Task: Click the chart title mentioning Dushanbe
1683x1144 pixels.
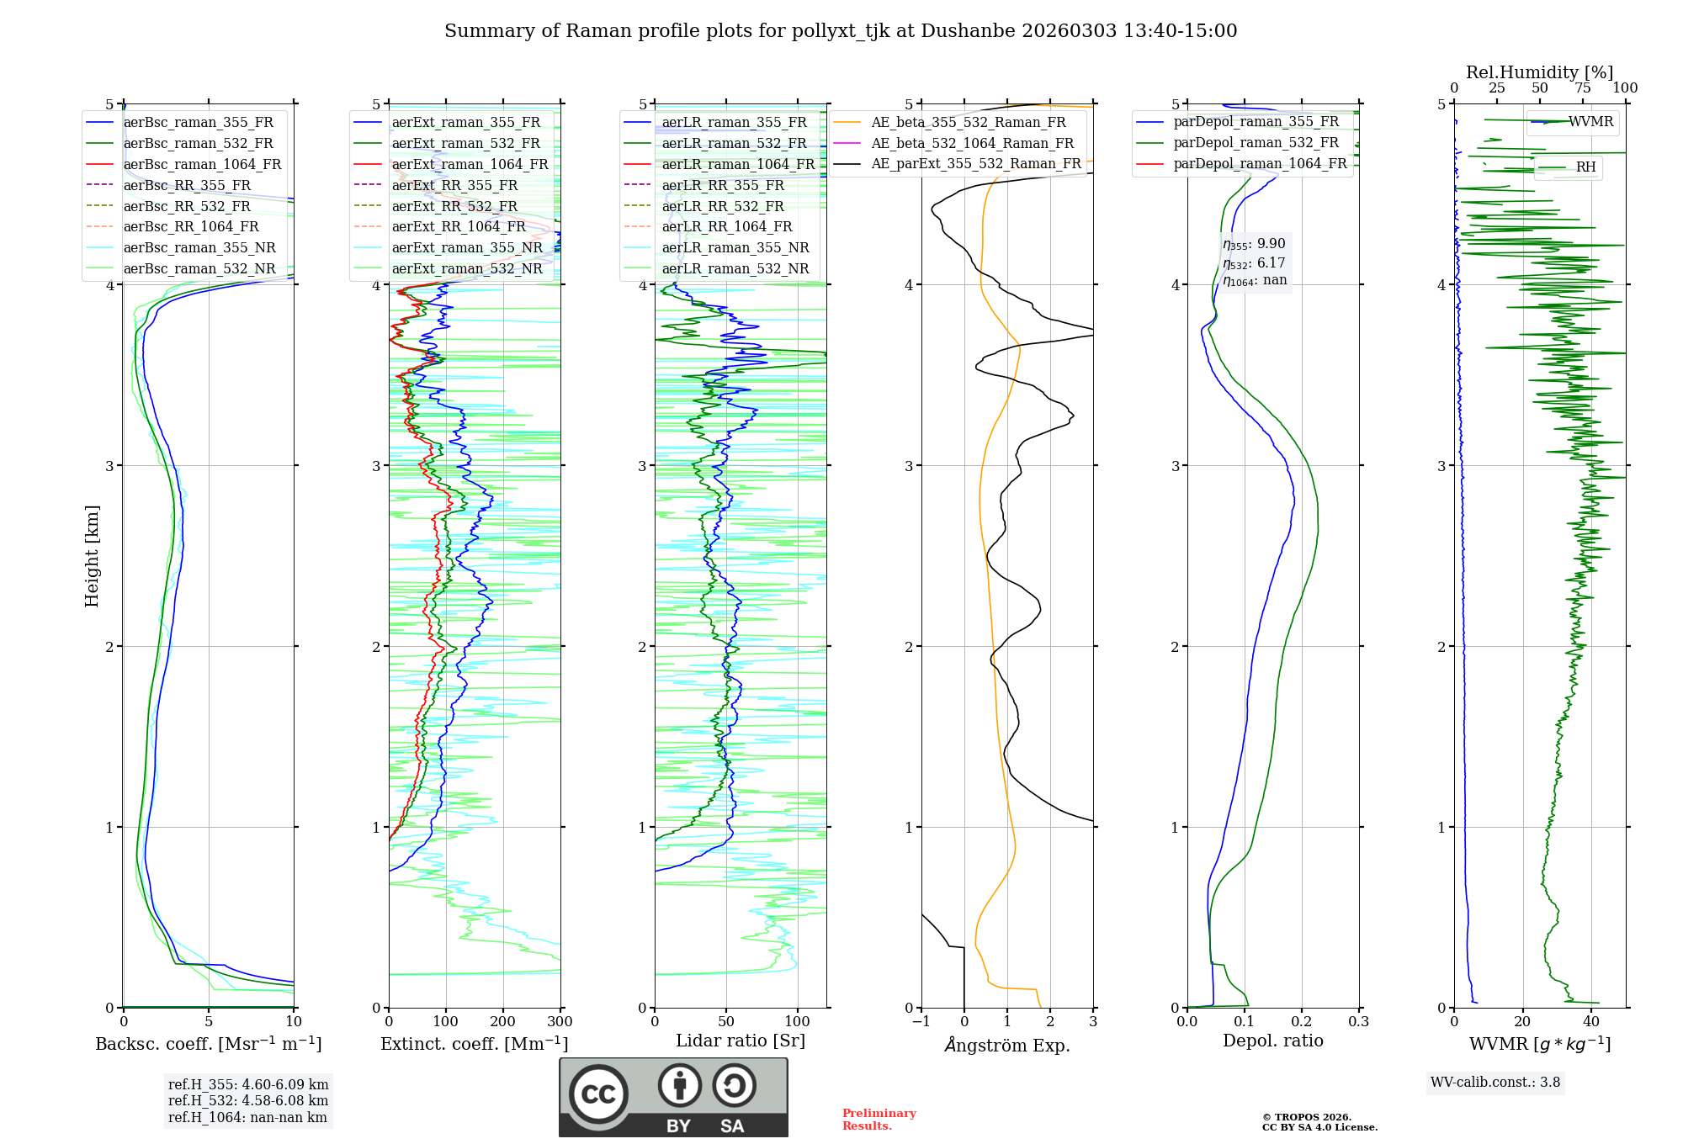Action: coord(841,31)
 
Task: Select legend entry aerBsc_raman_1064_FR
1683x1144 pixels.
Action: coord(202,164)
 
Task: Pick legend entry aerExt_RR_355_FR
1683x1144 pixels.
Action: coord(454,185)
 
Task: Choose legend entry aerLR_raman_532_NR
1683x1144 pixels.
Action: coord(735,268)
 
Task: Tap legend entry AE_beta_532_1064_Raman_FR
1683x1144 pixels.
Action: coord(972,143)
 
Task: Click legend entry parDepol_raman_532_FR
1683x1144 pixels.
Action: coord(1256,142)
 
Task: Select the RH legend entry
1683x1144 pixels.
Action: coord(1585,167)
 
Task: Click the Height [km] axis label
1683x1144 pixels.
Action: coord(92,555)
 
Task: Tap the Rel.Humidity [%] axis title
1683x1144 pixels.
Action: coord(1539,72)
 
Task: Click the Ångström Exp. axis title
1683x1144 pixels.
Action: coord(1007,1046)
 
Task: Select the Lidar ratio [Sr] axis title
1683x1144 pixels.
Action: coord(740,1041)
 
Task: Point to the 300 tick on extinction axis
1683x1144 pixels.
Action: coord(560,1022)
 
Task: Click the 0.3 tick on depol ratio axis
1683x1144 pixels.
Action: coord(1358,1022)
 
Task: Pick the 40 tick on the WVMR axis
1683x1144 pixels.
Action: coord(1591,1022)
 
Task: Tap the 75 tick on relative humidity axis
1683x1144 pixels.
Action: coord(1583,88)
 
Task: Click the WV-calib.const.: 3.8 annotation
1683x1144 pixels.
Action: coord(1495,1083)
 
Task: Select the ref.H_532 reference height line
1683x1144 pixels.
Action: coord(247,1100)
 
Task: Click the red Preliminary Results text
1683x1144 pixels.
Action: coord(879,1120)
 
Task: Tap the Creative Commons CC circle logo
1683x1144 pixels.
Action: coord(598,1094)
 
